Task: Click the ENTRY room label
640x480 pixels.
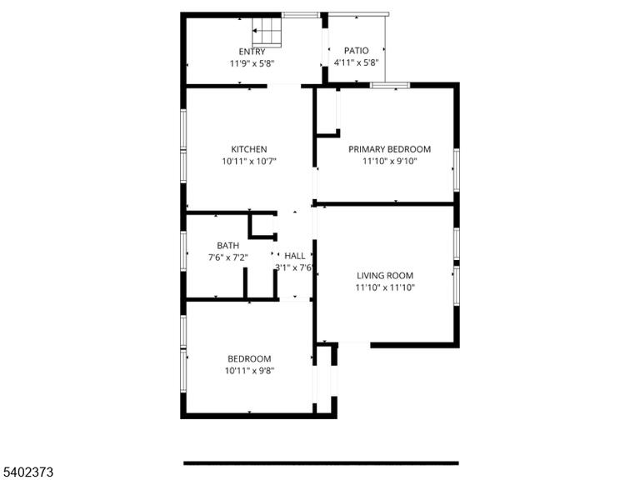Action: [252, 52]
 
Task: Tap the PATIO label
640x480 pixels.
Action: [357, 51]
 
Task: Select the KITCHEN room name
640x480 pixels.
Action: [249, 149]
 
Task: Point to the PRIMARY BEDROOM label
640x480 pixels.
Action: [389, 149]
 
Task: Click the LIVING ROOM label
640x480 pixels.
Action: [385, 276]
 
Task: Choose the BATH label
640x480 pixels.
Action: [227, 246]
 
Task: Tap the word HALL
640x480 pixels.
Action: [295, 256]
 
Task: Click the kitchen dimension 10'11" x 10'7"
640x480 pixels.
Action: [249, 161]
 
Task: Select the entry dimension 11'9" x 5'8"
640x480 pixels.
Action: [252, 63]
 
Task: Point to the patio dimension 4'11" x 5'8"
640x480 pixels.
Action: [357, 62]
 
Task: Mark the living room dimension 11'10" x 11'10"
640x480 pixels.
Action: [385, 287]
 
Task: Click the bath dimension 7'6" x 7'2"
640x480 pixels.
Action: [227, 257]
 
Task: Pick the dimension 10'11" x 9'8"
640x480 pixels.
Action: [249, 371]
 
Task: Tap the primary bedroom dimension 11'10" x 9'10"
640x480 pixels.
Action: [389, 161]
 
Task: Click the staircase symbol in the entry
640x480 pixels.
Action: [267, 32]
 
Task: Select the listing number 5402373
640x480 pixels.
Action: [27, 472]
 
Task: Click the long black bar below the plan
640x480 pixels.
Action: [321, 463]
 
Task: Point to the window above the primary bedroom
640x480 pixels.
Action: [390, 85]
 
